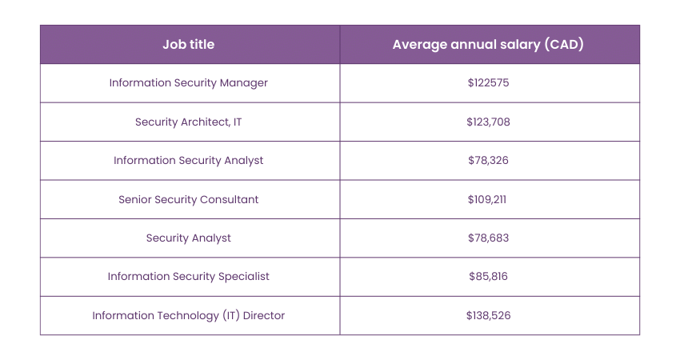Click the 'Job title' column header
(189, 45)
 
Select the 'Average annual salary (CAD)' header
(488, 45)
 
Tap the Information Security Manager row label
(189, 83)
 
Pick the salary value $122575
(488, 83)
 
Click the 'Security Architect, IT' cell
(189, 122)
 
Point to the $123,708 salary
(488, 122)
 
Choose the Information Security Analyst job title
(189, 161)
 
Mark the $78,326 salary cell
(488, 161)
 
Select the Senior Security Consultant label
(189, 199)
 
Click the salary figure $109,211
(488, 199)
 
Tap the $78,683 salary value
(488, 238)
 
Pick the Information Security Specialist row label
(189, 277)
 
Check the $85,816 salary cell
(488, 277)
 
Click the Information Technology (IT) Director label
(189, 316)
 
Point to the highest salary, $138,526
(488, 316)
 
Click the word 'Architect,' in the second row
(204, 122)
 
